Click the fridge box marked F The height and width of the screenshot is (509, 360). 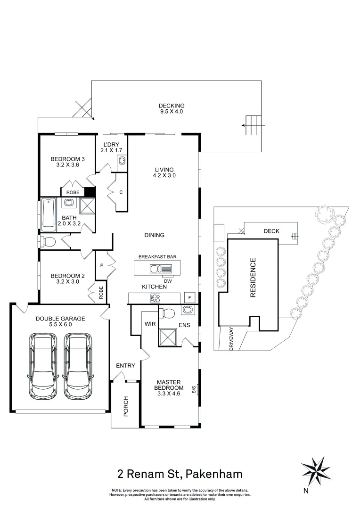point(189,298)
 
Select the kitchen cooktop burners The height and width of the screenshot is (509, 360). point(155,298)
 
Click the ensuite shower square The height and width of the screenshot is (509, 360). point(167,338)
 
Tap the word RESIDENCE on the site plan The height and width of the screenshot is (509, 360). point(253,278)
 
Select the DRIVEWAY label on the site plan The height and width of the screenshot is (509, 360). point(231,338)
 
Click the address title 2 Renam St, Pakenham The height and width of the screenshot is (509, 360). point(180,473)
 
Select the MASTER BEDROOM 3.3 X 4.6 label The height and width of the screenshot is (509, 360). point(170,387)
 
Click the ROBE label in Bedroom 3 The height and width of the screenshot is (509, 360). point(73,192)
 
